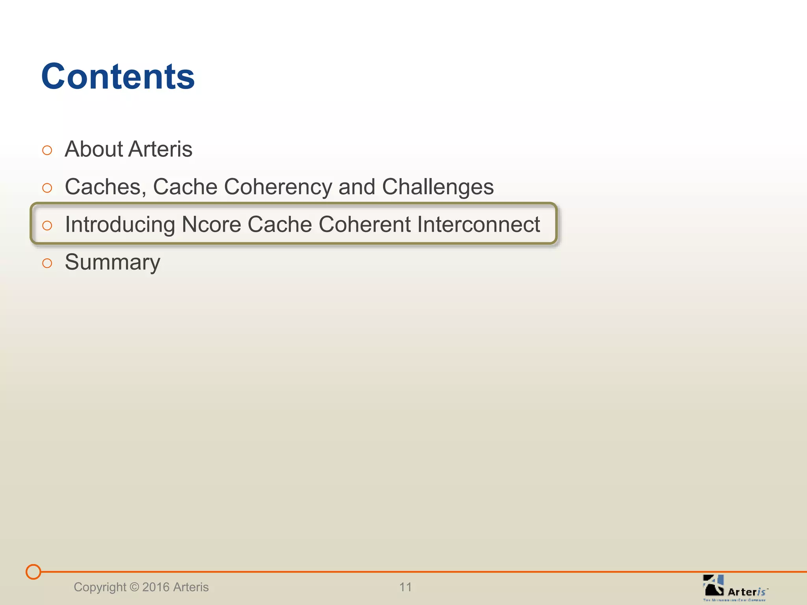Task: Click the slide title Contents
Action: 118,76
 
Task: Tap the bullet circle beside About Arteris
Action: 47,150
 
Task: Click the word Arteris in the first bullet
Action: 160,149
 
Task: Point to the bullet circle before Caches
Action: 47,188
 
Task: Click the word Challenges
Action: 438,187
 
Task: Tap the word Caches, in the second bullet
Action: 105,187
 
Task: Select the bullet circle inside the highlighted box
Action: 47,225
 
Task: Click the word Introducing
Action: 120,225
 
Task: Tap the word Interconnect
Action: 478,225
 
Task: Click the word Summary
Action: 113,262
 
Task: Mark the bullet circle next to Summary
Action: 47,263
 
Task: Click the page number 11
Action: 405,587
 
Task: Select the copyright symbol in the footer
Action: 134,587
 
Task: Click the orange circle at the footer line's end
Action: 33,572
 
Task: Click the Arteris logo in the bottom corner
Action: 734,587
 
